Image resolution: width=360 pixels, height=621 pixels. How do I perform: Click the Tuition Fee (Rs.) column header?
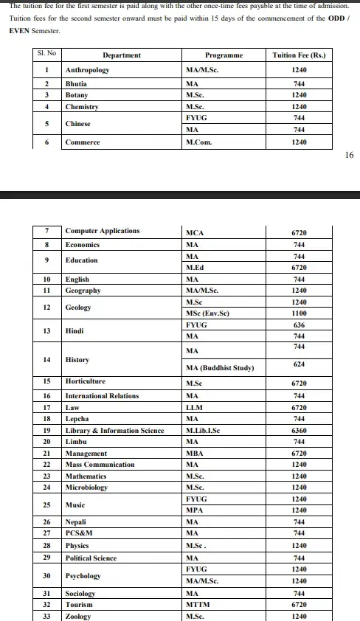coord(299,55)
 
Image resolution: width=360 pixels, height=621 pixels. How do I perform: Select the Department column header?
coord(122,55)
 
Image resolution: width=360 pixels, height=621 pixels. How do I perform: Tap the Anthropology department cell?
coord(87,70)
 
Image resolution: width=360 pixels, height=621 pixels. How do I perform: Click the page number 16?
coord(349,155)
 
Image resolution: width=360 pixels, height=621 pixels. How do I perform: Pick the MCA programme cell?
coord(195,232)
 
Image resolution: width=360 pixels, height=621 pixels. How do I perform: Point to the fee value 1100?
coord(299,313)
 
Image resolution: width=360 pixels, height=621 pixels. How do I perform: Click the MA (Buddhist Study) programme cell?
coord(220,368)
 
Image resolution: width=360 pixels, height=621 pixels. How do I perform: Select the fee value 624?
coord(299,364)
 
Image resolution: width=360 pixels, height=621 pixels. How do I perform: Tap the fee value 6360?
coord(299,431)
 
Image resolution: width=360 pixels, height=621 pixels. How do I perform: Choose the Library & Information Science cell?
coord(114,431)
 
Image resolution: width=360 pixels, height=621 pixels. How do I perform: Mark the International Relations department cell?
coord(102,396)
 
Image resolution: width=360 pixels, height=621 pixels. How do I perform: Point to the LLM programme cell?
coord(194,407)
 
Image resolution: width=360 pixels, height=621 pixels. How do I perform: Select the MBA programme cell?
coord(194,454)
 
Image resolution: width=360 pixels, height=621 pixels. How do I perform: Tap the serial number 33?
coord(46,616)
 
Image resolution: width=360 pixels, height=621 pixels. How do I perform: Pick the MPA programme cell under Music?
coord(195,510)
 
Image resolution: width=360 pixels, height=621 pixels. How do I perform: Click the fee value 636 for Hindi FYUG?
coord(299,325)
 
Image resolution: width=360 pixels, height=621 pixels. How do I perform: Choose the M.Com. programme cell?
coord(198,142)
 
